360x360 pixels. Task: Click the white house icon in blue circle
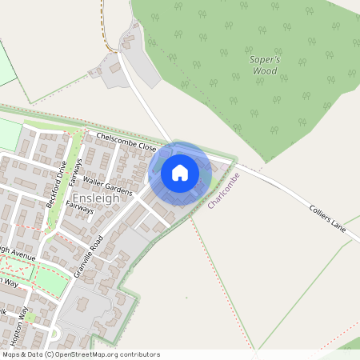click(180, 173)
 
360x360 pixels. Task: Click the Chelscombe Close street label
click(126, 142)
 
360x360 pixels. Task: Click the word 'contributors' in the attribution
click(140, 354)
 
